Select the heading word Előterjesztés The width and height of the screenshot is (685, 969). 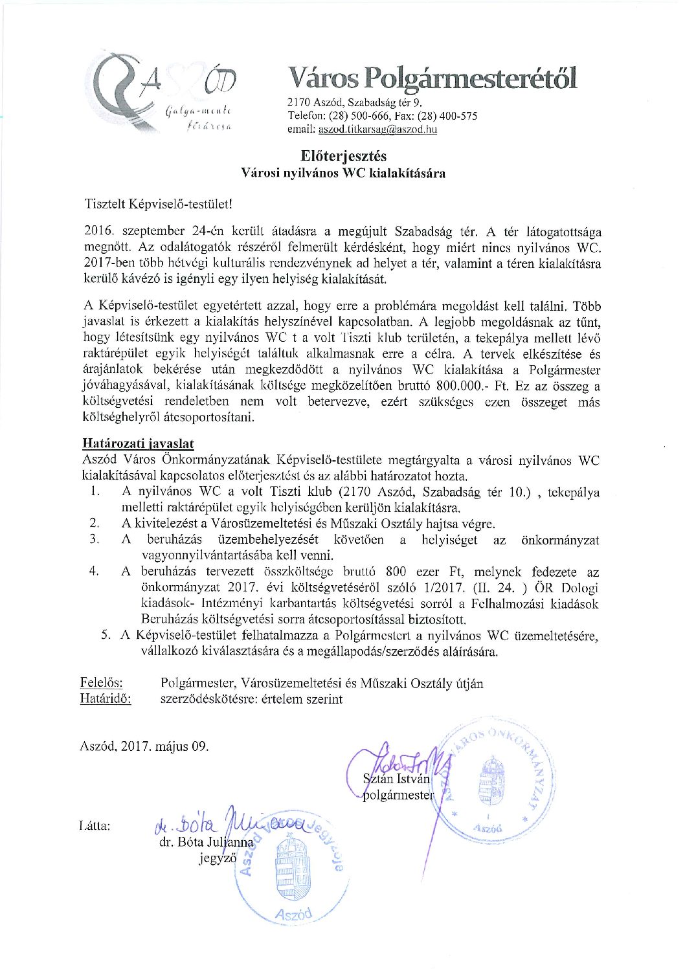(x=343, y=156)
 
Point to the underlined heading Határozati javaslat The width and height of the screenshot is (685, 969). (x=138, y=444)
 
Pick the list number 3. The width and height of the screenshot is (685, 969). (x=95, y=539)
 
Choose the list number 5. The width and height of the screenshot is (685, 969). (x=106, y=635)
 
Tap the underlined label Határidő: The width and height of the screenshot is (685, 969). (x=106, y=699)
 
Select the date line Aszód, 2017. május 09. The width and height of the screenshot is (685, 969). (x=144, y=746)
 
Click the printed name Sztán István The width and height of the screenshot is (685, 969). (x=396, y=779)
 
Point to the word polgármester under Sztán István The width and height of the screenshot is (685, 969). (x=398, y=795)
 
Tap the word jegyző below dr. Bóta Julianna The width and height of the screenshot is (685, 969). (x=218, y=859)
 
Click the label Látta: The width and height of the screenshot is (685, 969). (x=94, y=826)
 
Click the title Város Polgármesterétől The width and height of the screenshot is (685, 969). (x=432, y=78)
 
